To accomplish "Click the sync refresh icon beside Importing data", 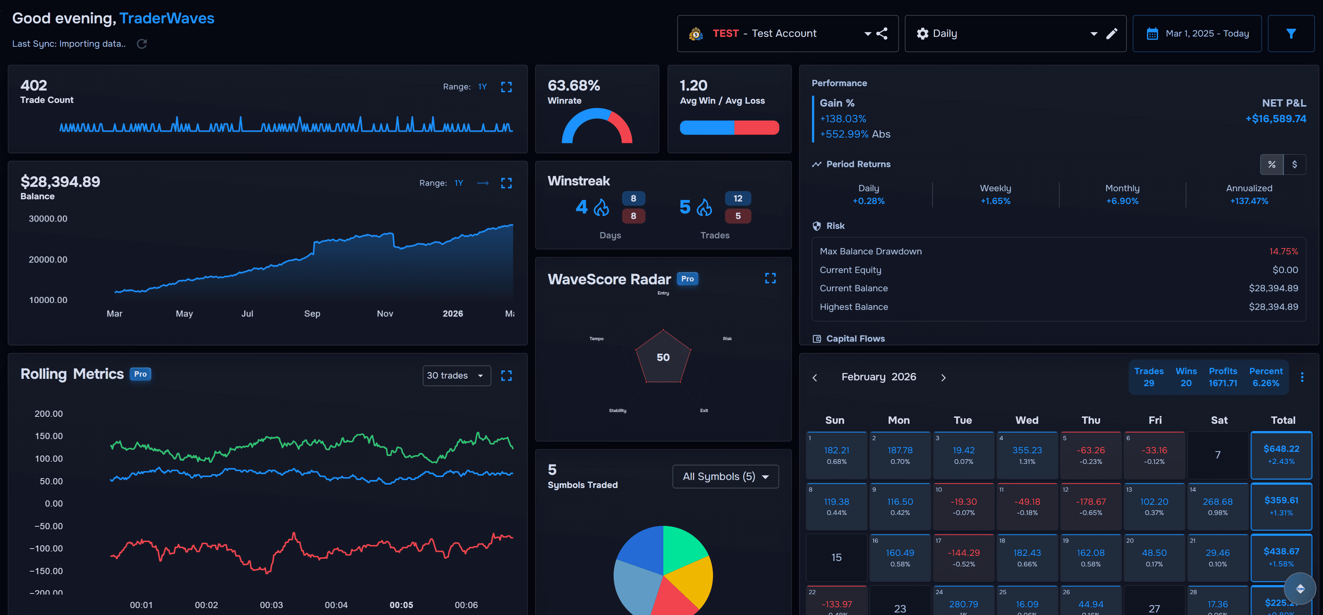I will coord(142,44).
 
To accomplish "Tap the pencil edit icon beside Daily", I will coord(1112,34).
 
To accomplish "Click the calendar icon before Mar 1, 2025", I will coord(1152,34).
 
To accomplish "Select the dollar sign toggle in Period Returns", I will coord(1294,164).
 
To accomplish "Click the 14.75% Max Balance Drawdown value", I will coord(1283,251).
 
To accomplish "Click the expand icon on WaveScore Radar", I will coord(770,278).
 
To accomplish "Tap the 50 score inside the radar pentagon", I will coord(663,357).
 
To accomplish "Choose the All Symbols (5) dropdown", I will coord(725,476).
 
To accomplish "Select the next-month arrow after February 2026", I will coord(943,377).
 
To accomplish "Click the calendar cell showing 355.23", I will coord(1027,455).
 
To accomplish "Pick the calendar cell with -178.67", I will coord(1090,506).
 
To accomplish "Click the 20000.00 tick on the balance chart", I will coord(48,259).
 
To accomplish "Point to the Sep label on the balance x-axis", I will coord(312,314).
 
